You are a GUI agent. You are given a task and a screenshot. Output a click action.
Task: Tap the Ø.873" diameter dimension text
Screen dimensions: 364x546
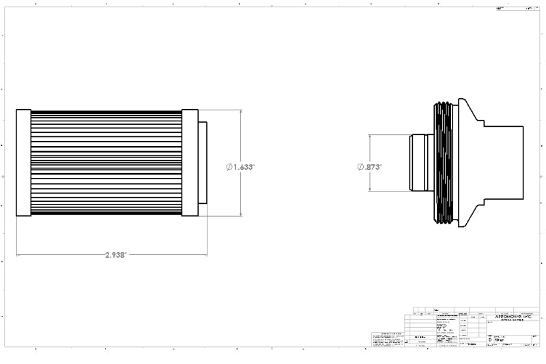[369, 166]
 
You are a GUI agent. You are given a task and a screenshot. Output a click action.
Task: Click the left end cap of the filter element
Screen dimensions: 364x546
[23, 162]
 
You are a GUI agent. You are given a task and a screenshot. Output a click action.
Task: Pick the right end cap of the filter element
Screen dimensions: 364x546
[190, 162]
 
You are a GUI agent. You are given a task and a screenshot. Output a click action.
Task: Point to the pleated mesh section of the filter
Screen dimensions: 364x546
[106, 162]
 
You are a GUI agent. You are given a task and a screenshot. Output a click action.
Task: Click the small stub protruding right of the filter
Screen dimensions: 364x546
[203, 162]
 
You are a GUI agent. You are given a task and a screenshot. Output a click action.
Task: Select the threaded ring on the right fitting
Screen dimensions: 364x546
[444, 164]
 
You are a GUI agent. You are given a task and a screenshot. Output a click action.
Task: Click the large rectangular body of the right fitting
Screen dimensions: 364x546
[504, 162]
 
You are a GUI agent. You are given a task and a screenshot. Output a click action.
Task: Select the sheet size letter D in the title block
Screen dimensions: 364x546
[489, 339]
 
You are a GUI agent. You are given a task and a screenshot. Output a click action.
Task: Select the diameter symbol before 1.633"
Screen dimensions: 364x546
[229, 166]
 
